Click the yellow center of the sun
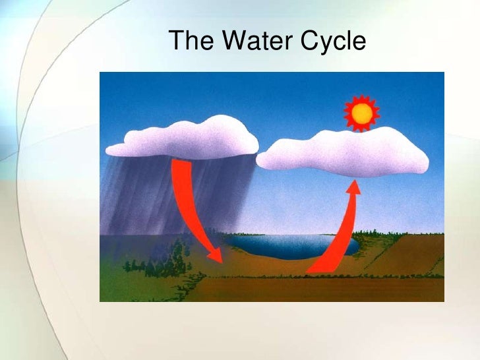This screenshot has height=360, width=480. (x=361, y=114)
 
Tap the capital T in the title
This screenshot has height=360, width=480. (x=177, y=42)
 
